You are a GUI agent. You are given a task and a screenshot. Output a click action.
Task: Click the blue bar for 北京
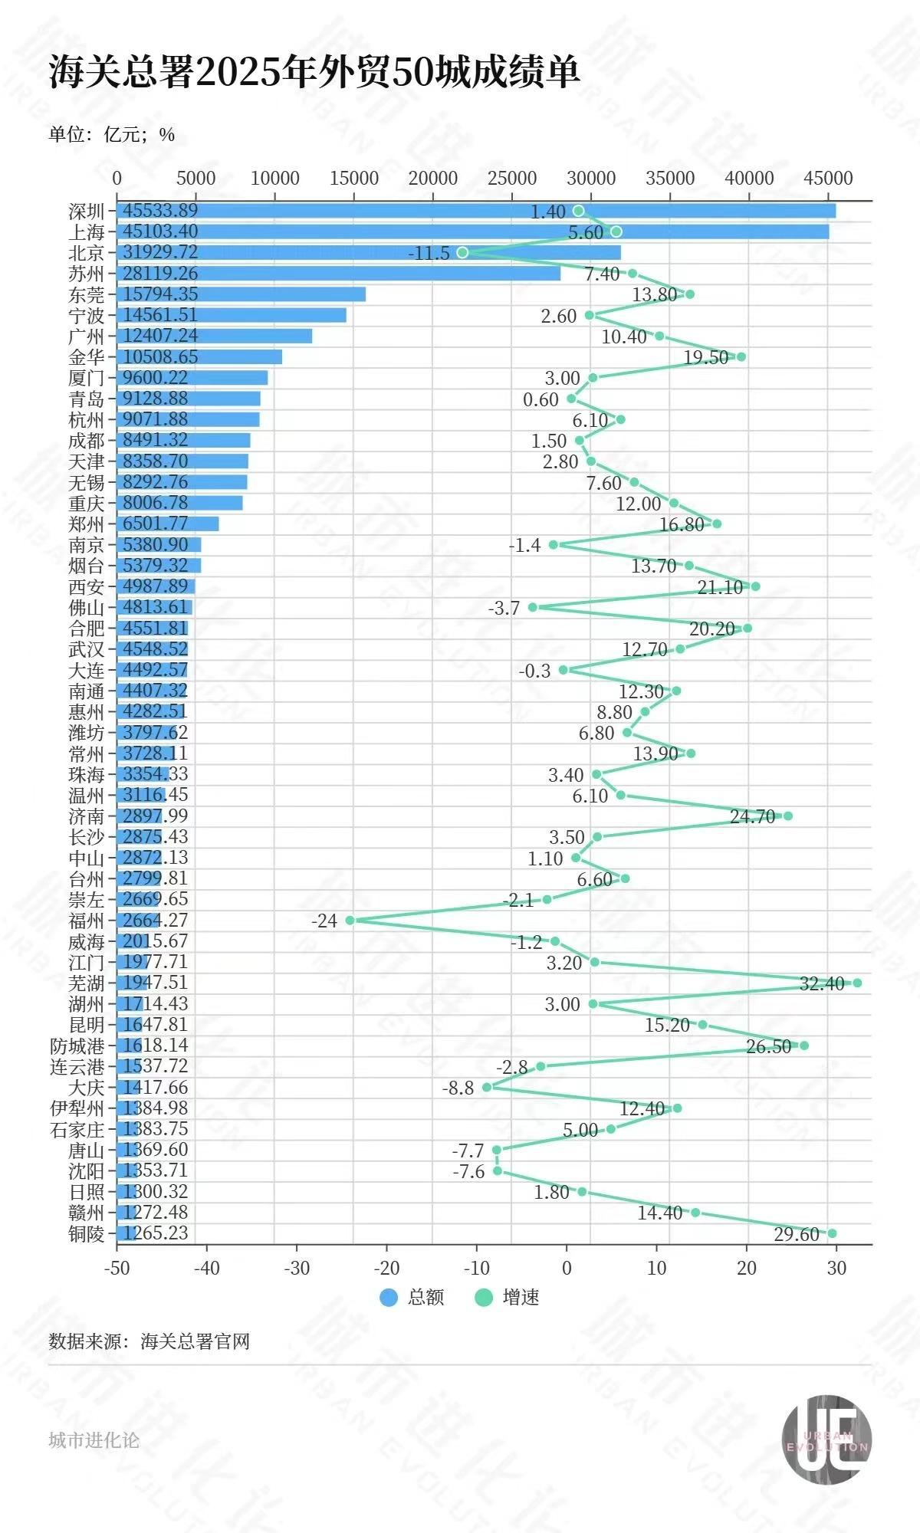(368, 252)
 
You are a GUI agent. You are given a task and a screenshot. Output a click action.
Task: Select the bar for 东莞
(241, 294)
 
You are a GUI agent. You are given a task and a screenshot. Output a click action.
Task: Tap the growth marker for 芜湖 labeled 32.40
(857, 983)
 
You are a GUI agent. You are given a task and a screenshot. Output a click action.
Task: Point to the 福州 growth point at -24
(350, 920)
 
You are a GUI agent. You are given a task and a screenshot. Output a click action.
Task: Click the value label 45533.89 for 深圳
(160, 211)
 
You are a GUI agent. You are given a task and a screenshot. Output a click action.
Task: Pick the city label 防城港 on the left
(77, 1046)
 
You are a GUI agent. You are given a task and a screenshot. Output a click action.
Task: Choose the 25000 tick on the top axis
(512, 178)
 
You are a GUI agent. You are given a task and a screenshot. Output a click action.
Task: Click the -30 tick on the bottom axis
(297, 1268)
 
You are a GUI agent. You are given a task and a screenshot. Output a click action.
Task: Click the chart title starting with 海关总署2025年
(314, 74)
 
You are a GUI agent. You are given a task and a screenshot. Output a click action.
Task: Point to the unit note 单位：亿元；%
(112, 135)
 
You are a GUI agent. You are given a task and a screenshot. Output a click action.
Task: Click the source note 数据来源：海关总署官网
(149, 1341)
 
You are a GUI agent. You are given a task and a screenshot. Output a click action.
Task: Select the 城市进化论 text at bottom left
(94, 1440)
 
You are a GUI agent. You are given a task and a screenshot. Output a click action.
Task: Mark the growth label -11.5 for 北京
(429, 253)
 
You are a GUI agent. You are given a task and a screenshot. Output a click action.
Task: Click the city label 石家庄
(77, 1129)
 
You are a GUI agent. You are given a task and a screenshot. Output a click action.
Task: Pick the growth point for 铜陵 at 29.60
(832, 1233)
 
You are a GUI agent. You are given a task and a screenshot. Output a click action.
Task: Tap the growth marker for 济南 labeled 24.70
(788, 816)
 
